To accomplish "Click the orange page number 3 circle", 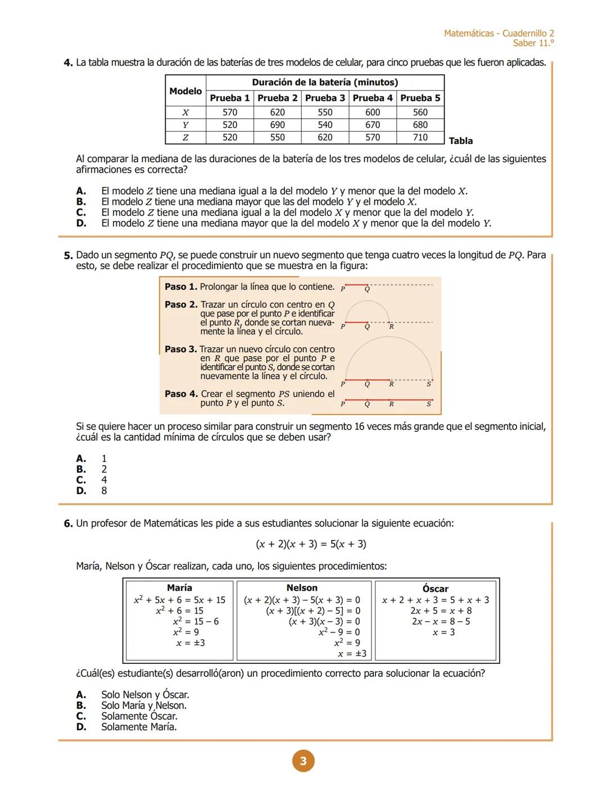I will click(303, 761).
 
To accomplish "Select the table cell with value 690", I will click(277, 125).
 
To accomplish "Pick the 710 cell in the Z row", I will click(420, 137).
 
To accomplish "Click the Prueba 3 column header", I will click(325, 98).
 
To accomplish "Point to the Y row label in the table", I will click(185, 125).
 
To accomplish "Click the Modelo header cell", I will click(185, 91).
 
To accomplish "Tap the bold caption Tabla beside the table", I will click(460, 141).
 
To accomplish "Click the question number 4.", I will click(68, 63).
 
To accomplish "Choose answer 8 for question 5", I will click(104, 491).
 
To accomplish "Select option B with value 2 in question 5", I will click(104, 469).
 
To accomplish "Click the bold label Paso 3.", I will click(180, 349).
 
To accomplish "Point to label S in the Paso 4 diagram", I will click(429, 404).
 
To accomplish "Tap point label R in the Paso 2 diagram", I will click(392, 326).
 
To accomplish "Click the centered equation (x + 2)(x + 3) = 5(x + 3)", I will click(311, 544).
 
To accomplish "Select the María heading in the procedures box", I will click(179, 587).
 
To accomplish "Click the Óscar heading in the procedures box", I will click(435, 589).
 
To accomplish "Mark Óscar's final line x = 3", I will click(443, 632).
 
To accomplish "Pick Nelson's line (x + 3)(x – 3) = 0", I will click(324, 622).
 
